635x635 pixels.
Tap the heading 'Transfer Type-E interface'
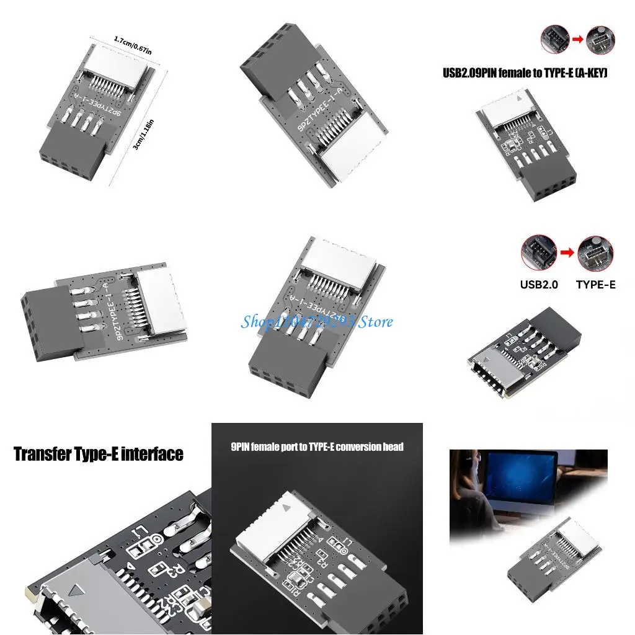99,454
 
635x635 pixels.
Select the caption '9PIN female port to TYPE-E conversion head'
317,446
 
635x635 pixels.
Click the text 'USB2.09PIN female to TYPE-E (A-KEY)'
525,73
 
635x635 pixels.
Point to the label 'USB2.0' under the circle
539,285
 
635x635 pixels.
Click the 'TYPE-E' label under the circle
595,285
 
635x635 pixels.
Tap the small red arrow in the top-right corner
577,39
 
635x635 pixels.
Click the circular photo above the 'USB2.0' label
538,251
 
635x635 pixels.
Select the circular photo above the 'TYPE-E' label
595,253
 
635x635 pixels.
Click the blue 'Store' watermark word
376,321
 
